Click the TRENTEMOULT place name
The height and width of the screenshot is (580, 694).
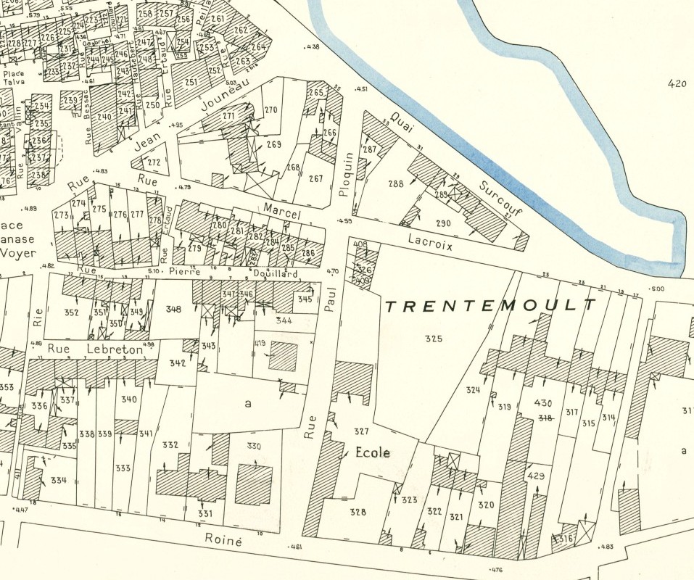[x=491, y=306]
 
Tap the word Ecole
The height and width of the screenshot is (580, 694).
[x=373, y=453]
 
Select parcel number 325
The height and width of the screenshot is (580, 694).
[x=433, y=339]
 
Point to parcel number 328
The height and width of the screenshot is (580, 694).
[x=358, y=512]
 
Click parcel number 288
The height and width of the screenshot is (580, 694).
[x=395, y=184]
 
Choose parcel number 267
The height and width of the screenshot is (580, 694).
[x=315, y=178]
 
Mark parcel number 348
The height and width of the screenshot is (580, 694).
[x=173, y=310]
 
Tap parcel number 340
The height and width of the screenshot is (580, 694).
[x=129, y=399]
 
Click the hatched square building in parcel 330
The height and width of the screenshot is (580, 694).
[x=254, y=484]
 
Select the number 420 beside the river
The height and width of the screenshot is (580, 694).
[x=676, y=84]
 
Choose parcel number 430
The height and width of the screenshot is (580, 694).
[x=543, y=403]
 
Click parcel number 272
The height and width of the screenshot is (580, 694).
[x=153, y=162]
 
